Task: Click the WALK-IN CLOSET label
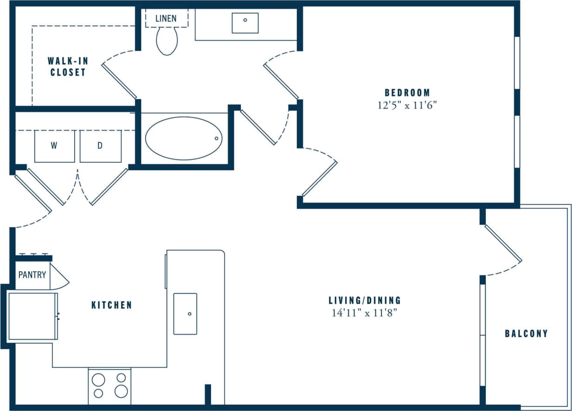pyautogui.click(x=68, y=66)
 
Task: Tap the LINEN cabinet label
pyautogui.click(x=166, y=19)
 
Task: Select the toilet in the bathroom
pyautogui.click(x=167, y=40)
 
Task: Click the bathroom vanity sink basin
pyautogui.click(x=245, y=23)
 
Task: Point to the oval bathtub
pyautogui.click(x=184, y=138)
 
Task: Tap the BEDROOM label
pyautogui.click(x=407, y=92)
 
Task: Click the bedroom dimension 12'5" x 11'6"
pyautogui.click(x=407, y=105)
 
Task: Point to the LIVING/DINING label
pyautogui.click(x=365, y=300)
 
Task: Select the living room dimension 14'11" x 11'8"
pyautogui.click(x=365, y=313)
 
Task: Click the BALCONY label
pyautogui.click(x=527, y=333)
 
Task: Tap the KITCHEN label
pyautogui.click(x=111, y=305)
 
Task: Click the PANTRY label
pyautogui.click(x=32, y=275)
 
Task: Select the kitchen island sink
pyautogui.click(x=185, y=314)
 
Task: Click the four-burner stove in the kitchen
pyautogui.click(x=109, y=386)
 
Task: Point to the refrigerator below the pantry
pyautogui.click(x=32, y=316)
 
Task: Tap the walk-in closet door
pyautogui.click(x=119, y=81)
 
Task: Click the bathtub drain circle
pyautogui.click(x=216, y=138)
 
